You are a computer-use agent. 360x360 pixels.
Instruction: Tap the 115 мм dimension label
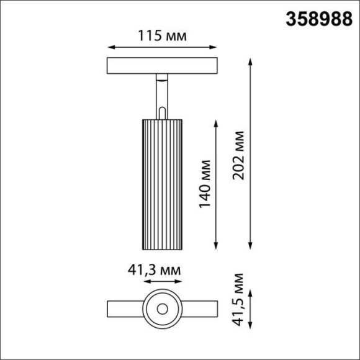163,36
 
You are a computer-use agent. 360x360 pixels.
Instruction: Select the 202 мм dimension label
238,155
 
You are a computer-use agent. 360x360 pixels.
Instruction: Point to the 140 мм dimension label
205,184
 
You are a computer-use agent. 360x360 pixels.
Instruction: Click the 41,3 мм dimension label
155,270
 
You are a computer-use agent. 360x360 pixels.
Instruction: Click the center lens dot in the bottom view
163,308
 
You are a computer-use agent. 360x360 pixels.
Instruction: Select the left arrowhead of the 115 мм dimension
111,47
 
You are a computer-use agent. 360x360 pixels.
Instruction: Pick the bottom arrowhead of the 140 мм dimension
216,246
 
